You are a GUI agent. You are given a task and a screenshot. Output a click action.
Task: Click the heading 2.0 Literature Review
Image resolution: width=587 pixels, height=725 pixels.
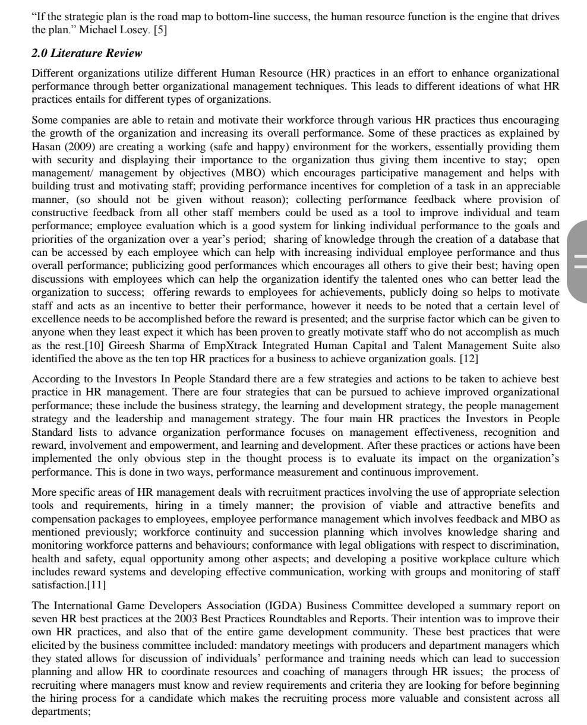click(x=87, y=54)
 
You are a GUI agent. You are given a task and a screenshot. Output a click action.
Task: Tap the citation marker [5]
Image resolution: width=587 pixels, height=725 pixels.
click(x=160, y=29)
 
